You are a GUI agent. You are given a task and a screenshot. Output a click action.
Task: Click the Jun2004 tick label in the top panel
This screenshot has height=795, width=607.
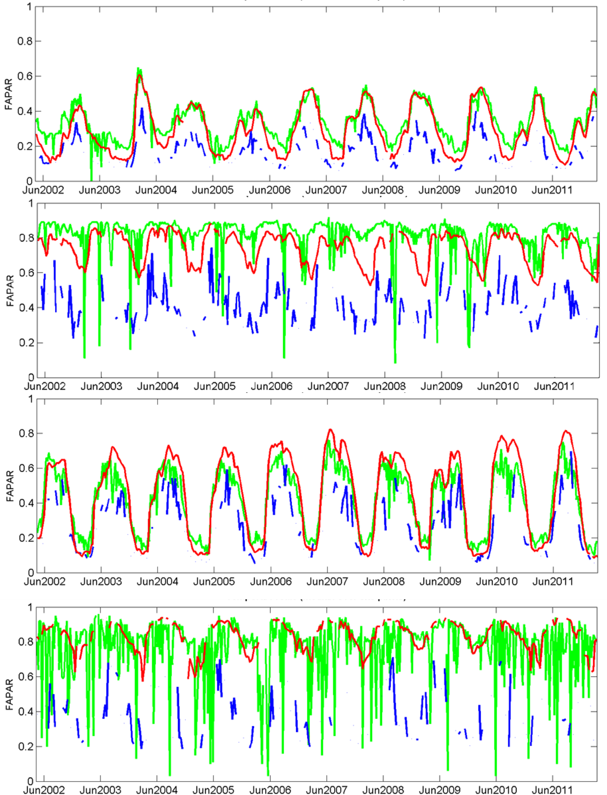[156, 190]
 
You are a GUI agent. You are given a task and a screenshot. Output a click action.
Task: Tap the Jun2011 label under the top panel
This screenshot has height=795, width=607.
[552, 190]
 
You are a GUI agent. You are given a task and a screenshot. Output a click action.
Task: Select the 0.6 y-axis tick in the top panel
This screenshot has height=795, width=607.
[25, 76]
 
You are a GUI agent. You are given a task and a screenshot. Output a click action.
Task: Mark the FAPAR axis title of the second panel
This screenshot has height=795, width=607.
[10, 291]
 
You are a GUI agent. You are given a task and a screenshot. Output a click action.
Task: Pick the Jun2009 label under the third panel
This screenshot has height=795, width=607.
[440, 582]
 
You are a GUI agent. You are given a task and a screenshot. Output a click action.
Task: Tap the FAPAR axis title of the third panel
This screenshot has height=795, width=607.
[10, 486]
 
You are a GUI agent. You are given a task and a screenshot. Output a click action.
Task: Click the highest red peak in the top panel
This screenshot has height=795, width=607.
[139, 75]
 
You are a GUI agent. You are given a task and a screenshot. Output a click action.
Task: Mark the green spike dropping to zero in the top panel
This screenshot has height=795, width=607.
[91, 177]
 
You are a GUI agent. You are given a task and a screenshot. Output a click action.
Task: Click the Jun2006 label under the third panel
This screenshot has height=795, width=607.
[271, 582]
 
